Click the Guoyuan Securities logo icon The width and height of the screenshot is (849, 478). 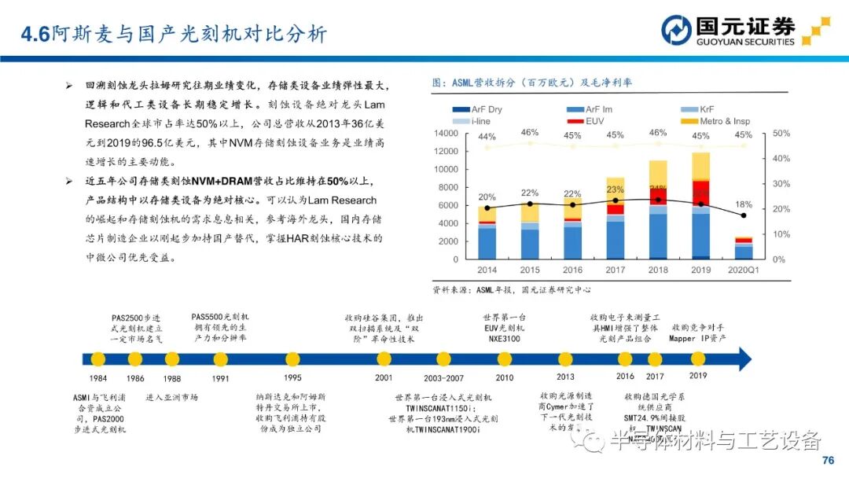tap(676, 30)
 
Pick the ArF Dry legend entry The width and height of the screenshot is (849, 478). tap(479, 109)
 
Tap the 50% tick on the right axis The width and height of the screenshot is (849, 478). tap(781, 134)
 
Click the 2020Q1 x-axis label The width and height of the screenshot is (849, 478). tap(743, 270)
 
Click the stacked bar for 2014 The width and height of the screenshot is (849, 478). tap(487, 233)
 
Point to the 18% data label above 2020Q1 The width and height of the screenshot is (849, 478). tap(743, 204)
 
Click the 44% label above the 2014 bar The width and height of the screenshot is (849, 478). tap(487, 137)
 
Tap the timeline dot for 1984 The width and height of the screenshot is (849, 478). tap(98, 359)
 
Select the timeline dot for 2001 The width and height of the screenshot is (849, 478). tap(384, 359)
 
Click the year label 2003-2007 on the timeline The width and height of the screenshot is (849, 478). tap(444, 377)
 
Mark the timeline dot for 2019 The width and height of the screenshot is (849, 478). tap(698, 359)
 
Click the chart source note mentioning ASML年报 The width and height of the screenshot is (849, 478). tap(511, 289)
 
